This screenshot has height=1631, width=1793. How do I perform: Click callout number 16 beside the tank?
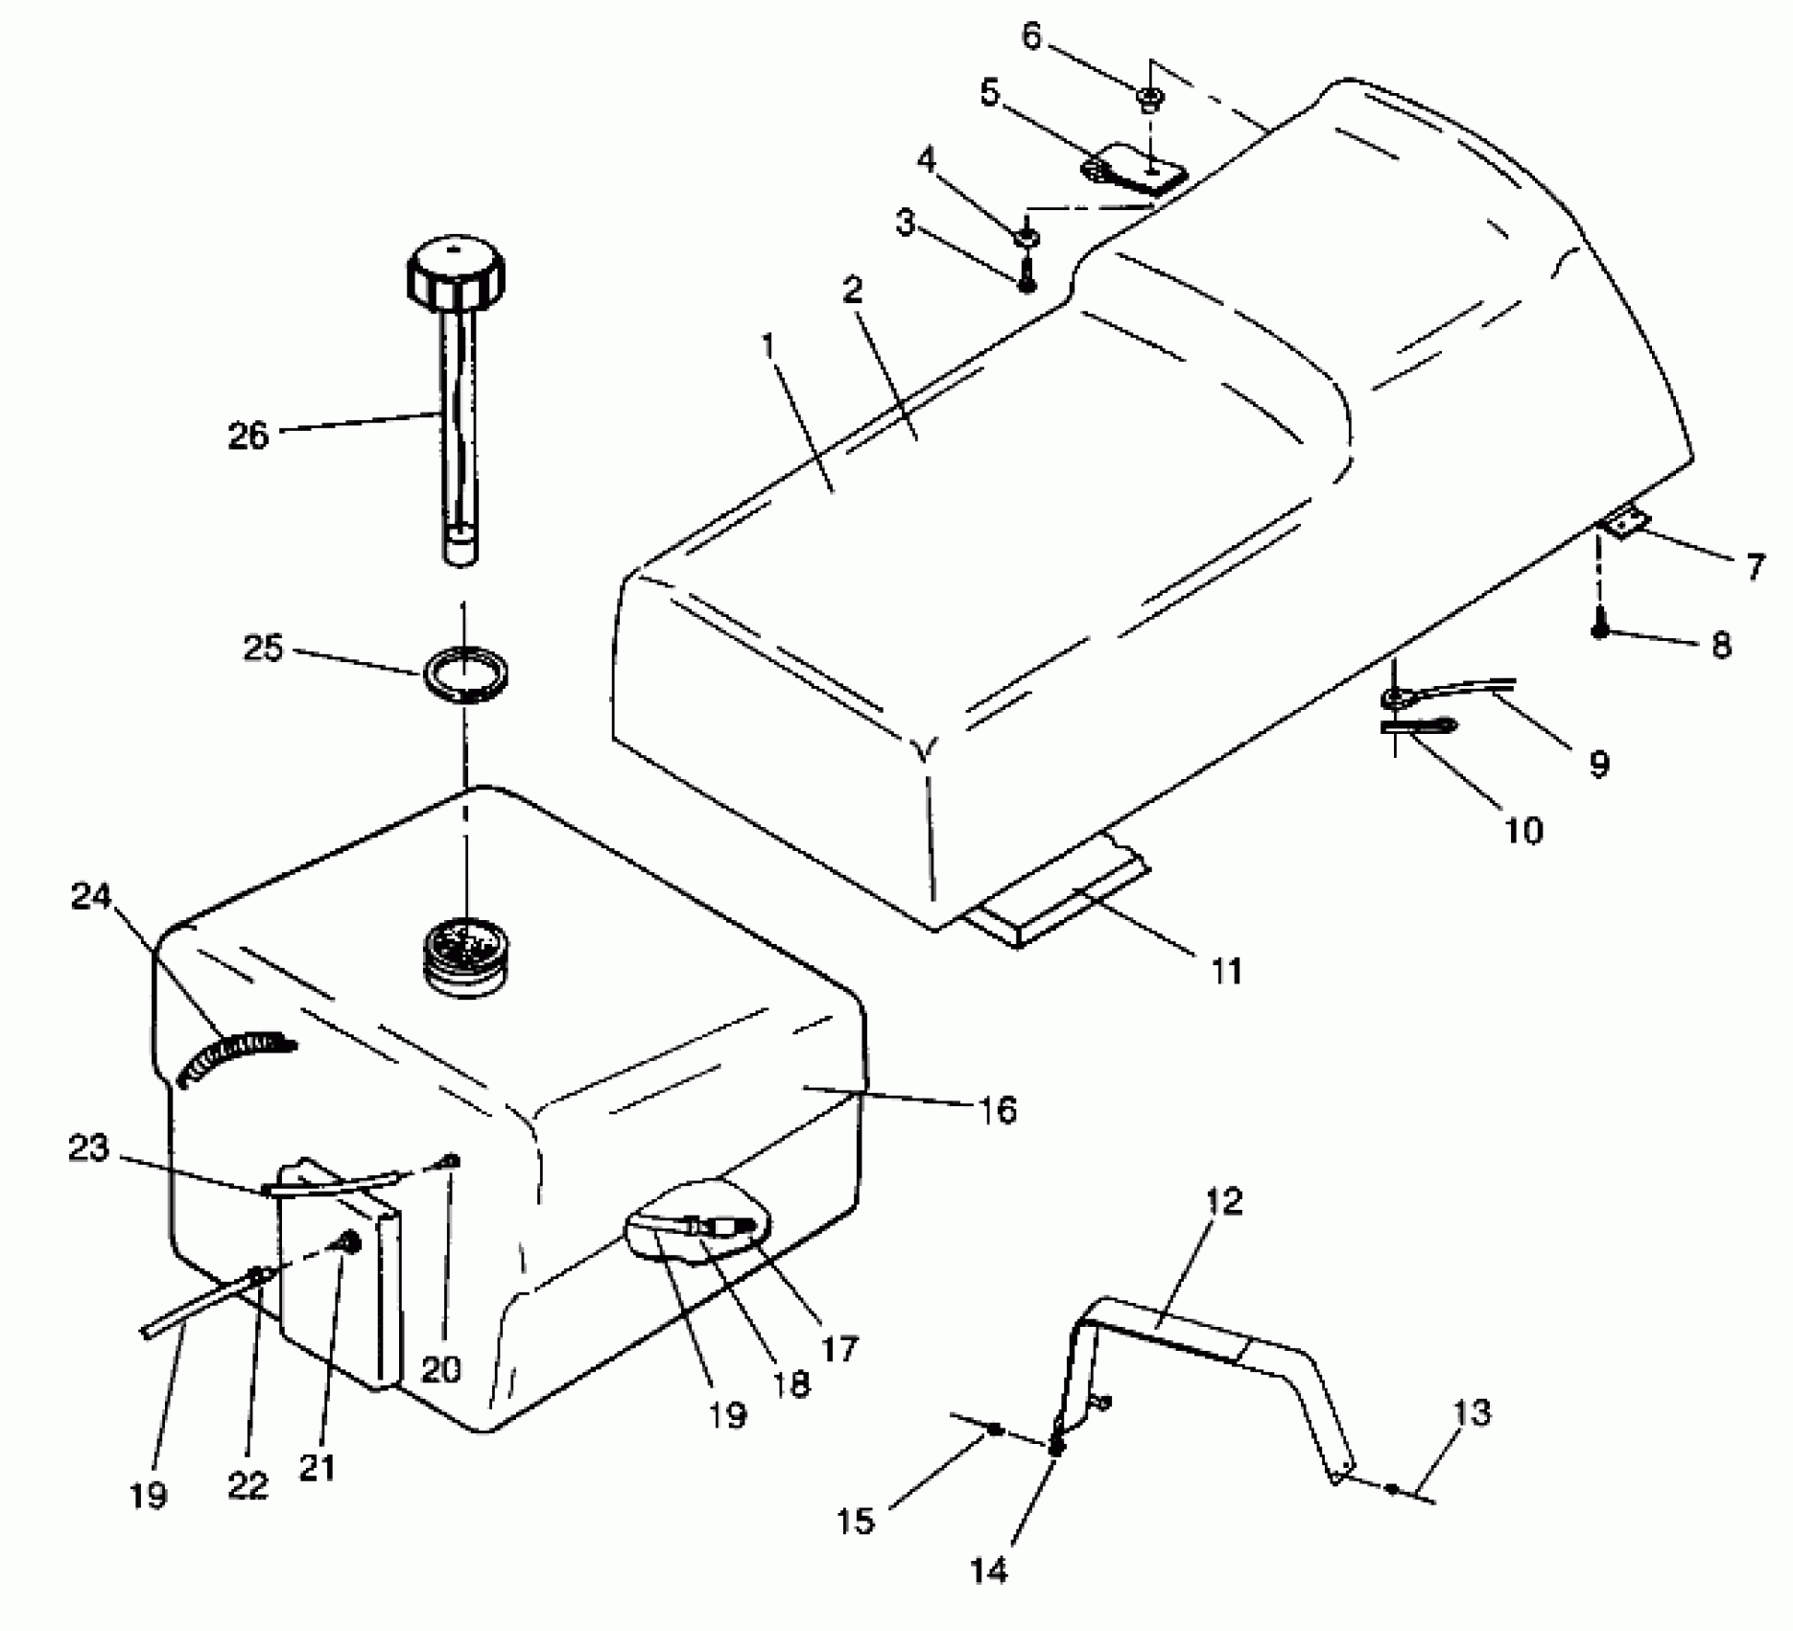click(998, 1110)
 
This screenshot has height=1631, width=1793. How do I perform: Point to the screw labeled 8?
click(1599, 629)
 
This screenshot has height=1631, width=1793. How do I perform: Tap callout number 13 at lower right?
click(1472, 1413)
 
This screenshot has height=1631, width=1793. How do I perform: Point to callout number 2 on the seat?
click(853, 290)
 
